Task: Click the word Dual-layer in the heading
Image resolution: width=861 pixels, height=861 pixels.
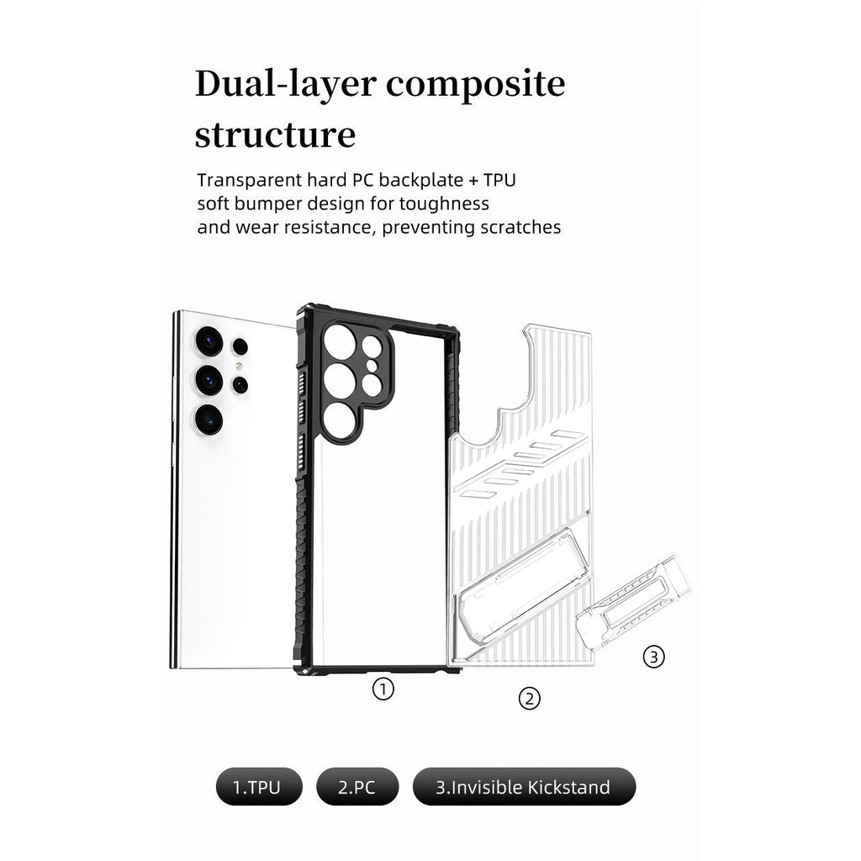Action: point(286,84)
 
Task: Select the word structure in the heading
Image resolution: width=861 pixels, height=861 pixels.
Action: point(275,134)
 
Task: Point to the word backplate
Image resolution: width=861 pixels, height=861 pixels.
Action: point(420,180)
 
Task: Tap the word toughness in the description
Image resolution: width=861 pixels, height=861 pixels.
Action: point(444,203)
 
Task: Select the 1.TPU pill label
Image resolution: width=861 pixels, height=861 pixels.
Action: point(259,787)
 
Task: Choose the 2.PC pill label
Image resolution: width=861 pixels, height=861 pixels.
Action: point(357,787)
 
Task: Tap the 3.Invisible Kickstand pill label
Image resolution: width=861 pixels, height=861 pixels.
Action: point(524,787)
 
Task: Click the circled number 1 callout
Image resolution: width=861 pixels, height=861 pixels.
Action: point(383,689)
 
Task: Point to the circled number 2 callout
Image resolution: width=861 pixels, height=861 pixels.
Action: point(530,699)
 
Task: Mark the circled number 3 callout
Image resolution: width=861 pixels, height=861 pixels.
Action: point(653,656)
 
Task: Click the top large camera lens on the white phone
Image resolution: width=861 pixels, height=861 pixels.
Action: point(209,341)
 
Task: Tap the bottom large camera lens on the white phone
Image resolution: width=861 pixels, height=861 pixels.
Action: point(209,420)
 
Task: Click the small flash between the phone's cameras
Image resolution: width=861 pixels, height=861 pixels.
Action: point(239,366)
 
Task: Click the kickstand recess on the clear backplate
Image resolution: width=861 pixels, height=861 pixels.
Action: point(522,586)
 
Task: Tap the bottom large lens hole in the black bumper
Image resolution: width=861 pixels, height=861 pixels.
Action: point(339,421)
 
